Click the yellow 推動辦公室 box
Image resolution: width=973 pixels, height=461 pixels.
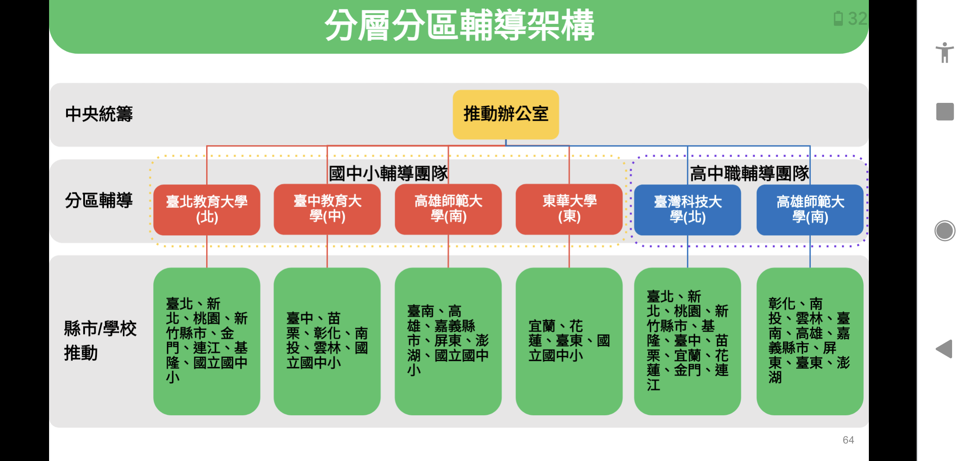coord(506,114)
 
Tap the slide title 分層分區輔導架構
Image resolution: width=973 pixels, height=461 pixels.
coord(459,26)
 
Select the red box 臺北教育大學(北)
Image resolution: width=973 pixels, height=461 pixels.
coord(207,210)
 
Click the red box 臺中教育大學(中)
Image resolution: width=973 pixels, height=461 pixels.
coord(327,209)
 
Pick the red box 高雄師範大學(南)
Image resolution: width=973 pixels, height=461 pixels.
coord(448,209)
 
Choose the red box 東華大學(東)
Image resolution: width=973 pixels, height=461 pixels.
coord(569,209)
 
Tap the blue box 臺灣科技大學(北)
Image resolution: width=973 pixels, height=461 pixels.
coord(688,210)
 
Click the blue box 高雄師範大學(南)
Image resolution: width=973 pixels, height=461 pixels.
coord(810,210)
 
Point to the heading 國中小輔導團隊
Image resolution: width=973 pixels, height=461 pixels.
coord(388,173)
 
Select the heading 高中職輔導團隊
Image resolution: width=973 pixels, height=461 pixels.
coord(749,173)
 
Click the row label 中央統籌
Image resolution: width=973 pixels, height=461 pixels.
coord(99,114)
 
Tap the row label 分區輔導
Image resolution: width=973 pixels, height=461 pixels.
coord(99,200)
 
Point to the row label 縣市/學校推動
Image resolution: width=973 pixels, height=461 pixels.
coord(100,341)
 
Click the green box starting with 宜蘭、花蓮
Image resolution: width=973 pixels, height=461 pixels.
coord(569,341)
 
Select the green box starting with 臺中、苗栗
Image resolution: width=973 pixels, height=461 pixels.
coord(327,341)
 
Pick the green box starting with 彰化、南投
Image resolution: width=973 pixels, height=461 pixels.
coord(810,341)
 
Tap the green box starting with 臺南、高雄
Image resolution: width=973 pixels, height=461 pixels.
coord(448,341)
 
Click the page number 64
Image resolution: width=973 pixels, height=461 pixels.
coord(848,440)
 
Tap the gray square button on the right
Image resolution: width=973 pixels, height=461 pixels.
coord(945,112)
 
